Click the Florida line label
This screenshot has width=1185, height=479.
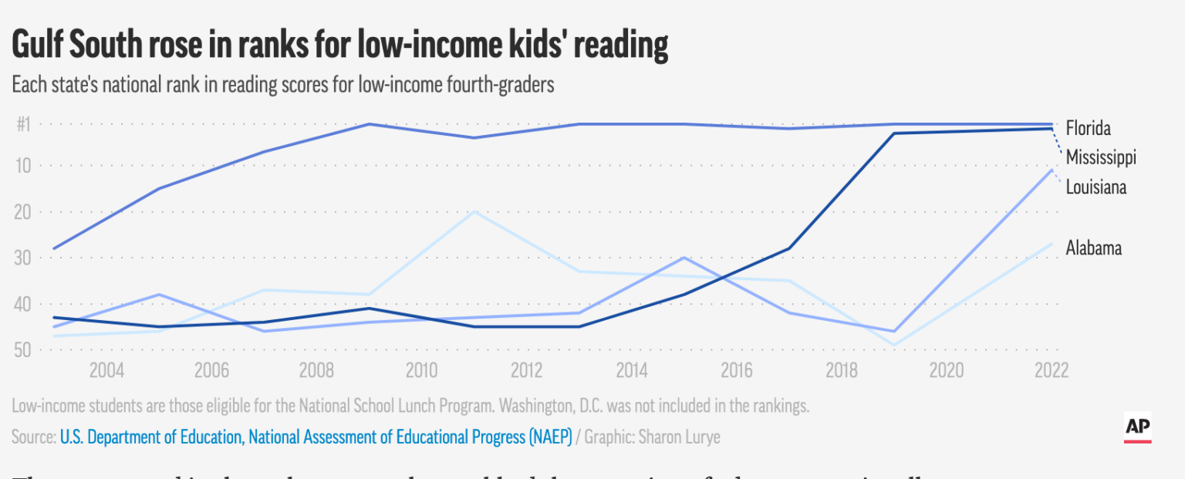coord(1088,128)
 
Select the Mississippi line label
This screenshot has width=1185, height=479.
coord(1101,157)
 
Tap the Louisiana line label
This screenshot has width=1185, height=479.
coord(1096,187)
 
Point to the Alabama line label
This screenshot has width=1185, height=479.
coord(1093,248)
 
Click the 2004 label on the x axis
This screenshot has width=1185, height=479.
coord(106,371)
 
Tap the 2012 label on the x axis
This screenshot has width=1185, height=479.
coord(526,371)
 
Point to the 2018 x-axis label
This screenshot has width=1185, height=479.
coord(842,371)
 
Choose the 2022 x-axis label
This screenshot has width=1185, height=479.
coord(1052,371)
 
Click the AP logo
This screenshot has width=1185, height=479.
coord(1138,428)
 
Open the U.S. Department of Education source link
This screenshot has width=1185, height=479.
coord(316,437)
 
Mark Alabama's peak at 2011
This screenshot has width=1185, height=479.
coord(474,211)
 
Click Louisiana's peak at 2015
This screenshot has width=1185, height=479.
coord(684,258)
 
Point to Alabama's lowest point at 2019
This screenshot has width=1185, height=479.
coord(894,346)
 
